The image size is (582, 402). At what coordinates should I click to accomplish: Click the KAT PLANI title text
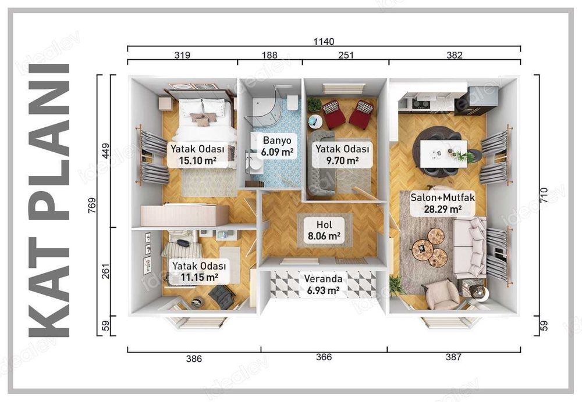click(49, 200)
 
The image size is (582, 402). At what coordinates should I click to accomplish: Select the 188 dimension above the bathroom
click(269, 55)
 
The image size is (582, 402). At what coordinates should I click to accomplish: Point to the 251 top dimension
click(345, 55)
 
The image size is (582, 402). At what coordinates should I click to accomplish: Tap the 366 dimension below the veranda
click(324, 357)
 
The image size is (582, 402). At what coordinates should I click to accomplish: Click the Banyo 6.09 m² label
click(277, 146)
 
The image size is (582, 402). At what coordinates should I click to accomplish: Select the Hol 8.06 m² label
click(324, 231)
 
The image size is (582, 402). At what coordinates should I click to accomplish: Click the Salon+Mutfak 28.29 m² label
click(442, 203)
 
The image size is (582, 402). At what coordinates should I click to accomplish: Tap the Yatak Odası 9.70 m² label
click(342, 155)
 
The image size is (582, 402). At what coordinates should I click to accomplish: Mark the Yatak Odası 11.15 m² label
click(198, 271)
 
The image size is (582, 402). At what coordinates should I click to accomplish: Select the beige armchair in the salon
click(442, 294)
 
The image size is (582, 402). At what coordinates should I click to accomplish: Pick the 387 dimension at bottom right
click(453, 357)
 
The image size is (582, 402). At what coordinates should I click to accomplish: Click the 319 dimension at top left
click(182, 55)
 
